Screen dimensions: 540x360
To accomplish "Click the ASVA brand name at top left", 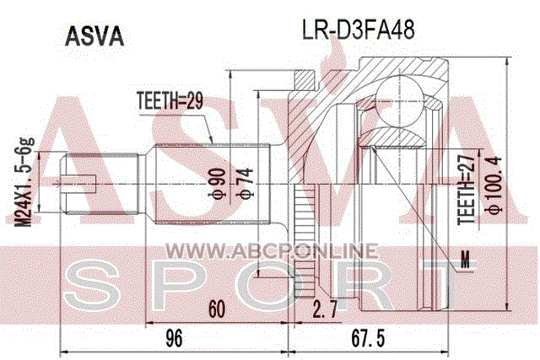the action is tap(94, 37).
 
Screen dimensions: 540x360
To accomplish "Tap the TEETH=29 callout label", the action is tap(170, 101).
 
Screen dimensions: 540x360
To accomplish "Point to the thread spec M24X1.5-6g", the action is tap(24, 182).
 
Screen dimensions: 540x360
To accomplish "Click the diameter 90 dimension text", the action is tap(219, 183).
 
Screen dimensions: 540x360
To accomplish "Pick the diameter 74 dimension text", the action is tap(247, 183).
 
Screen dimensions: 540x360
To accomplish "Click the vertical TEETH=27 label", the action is tap(467, 189).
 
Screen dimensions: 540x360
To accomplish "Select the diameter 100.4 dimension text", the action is tap(495, 185).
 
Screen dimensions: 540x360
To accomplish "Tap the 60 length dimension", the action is tap(217, 309).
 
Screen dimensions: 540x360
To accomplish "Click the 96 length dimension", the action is tap(174, 338).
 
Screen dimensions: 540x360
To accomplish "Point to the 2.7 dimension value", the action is tap(325, 309).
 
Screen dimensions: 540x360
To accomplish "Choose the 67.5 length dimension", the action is tap(368, 338).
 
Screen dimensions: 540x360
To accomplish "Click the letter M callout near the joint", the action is tap(465, 259).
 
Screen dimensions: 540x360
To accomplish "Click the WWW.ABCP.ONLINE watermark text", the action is tap(272, 251).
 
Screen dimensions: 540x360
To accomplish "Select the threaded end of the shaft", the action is tap(100, 184).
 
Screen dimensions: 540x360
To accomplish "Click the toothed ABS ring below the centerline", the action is tap(305, 240).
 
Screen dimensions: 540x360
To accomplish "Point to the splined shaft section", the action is tap(211, 184).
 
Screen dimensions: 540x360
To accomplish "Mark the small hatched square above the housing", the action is tap(305, 81).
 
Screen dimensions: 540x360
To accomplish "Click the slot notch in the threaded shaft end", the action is tap(78, 184).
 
